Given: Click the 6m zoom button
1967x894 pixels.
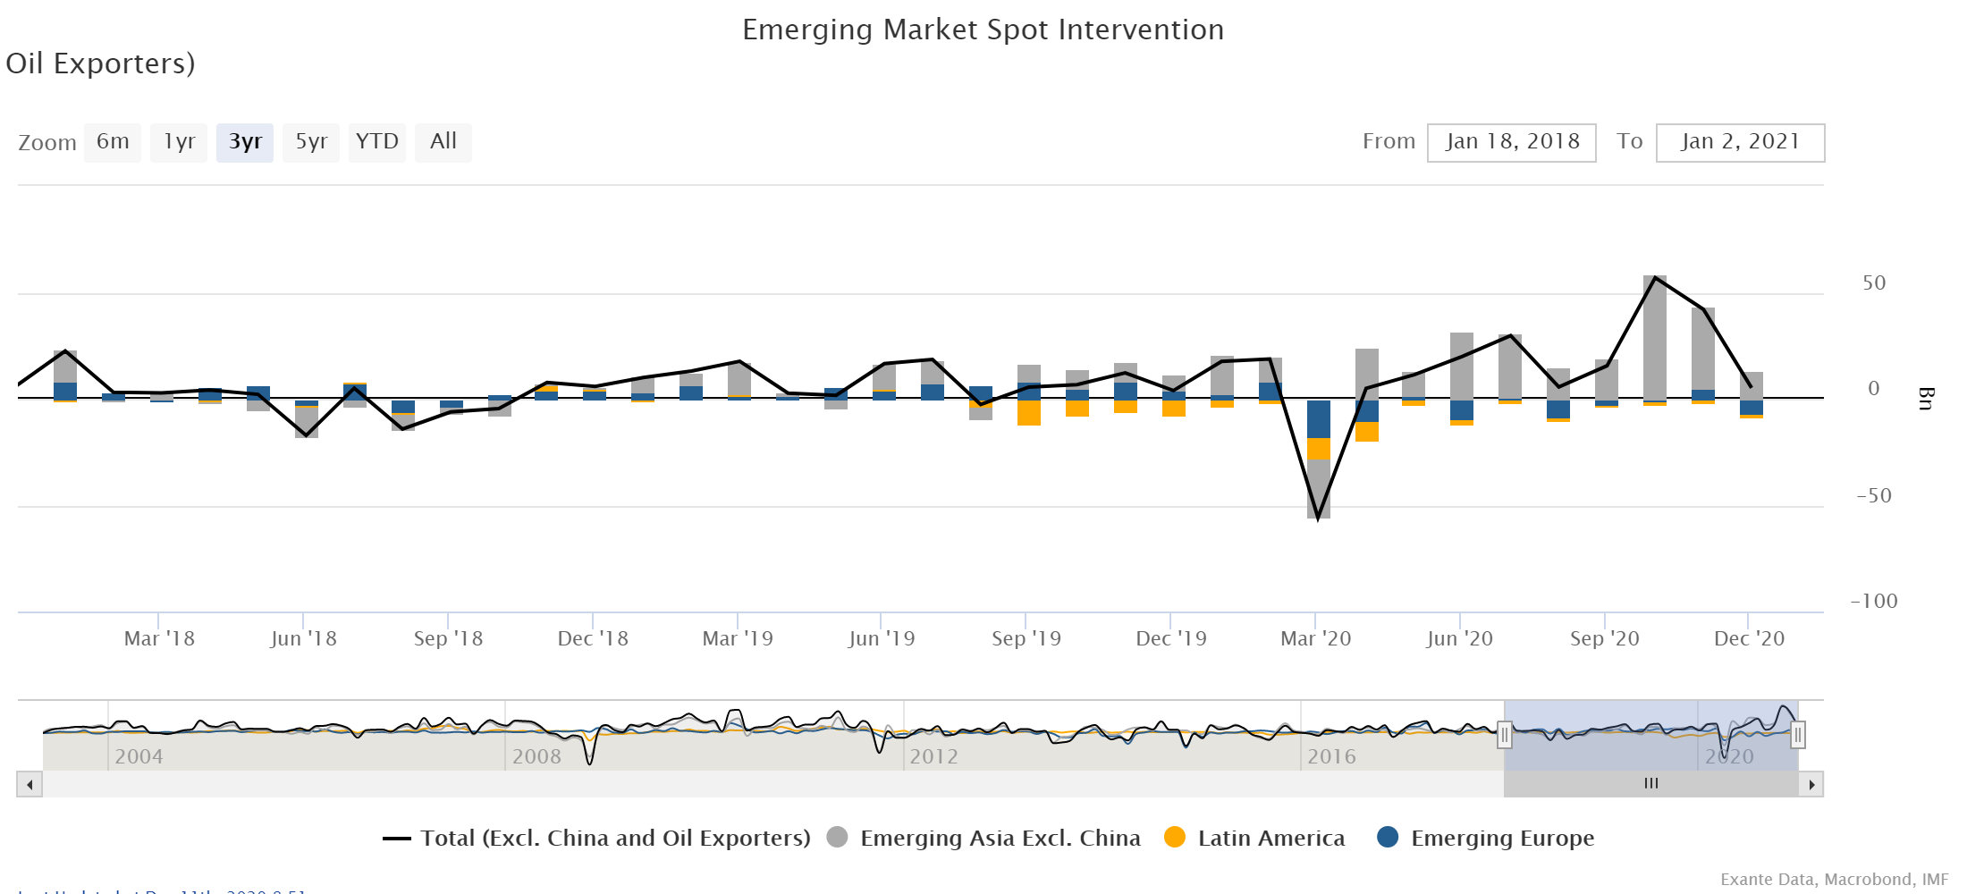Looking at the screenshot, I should [113, 142].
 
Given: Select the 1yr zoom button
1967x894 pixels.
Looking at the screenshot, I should [179, 142].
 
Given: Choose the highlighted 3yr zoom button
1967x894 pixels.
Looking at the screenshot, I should [245, 142].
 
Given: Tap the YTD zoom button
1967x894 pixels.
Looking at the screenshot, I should [376, 142].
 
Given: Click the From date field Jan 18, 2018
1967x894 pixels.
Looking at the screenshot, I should [1512, 142].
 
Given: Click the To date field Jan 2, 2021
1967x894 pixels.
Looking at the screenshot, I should [1740, 142].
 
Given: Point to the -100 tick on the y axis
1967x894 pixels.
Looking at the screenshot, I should [1873, 602].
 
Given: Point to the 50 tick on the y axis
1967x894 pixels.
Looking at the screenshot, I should [1874, 283].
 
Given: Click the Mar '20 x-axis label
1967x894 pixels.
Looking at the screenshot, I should [1315, 638].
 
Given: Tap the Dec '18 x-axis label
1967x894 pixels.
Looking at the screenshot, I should [593, 638].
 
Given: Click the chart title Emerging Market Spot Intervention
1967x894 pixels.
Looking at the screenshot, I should [983, 30].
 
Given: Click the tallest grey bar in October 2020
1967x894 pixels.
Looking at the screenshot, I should [1655, 340].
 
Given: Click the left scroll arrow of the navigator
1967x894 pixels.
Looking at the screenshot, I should [30, 785].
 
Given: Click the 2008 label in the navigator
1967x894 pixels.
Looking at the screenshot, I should [536, 756].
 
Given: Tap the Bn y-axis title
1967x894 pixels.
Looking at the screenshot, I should [1925, 398].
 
